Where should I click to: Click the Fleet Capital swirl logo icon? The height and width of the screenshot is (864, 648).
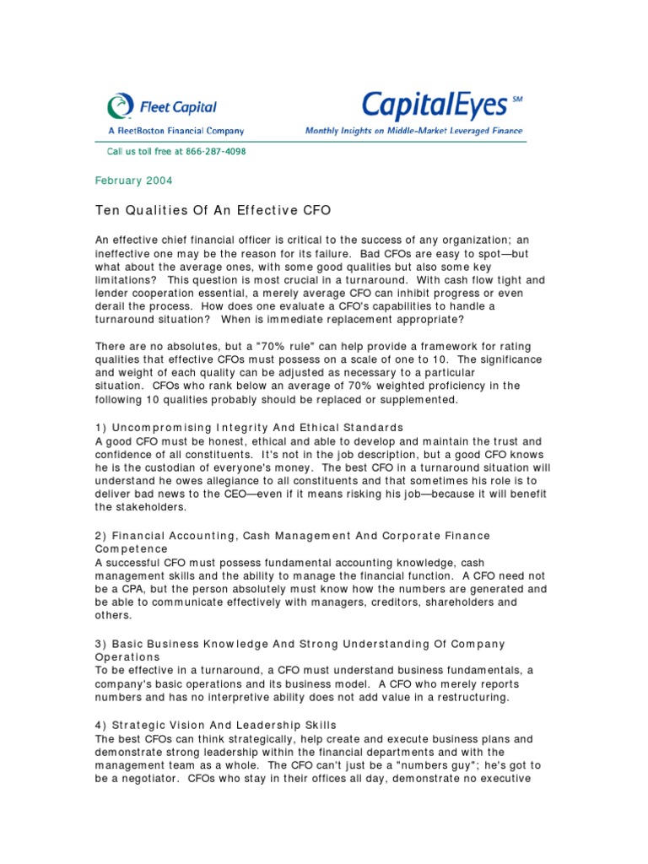120,106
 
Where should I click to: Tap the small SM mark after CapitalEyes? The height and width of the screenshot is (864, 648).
516,99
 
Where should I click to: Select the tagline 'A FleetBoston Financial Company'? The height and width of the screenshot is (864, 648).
175,131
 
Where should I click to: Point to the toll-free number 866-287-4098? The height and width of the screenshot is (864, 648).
211,152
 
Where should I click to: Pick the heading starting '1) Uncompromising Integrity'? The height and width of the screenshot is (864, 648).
249,427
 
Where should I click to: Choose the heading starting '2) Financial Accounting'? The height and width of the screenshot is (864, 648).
291,535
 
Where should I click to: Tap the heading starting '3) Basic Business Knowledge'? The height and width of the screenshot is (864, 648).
300,644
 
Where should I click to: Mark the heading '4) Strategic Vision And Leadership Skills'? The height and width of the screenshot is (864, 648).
215,725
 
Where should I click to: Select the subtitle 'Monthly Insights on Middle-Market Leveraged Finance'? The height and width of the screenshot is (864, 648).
413,131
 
